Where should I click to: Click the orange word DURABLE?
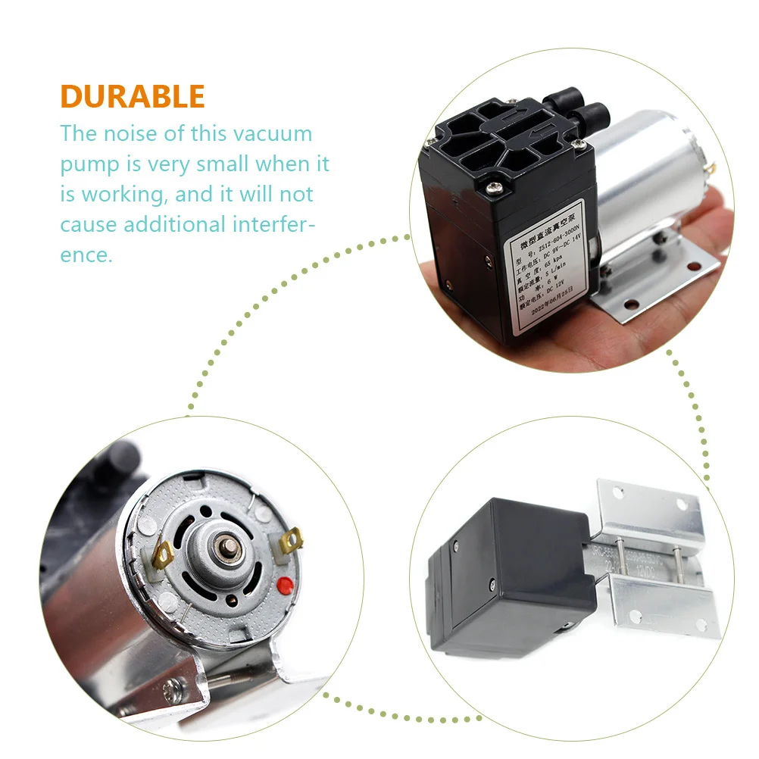click(133, 96)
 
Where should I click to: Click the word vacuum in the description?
click(271, 133)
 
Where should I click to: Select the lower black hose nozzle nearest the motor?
click(591, 116)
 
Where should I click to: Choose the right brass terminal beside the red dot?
click(292, 540)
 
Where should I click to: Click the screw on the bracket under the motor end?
click(175, 689)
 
